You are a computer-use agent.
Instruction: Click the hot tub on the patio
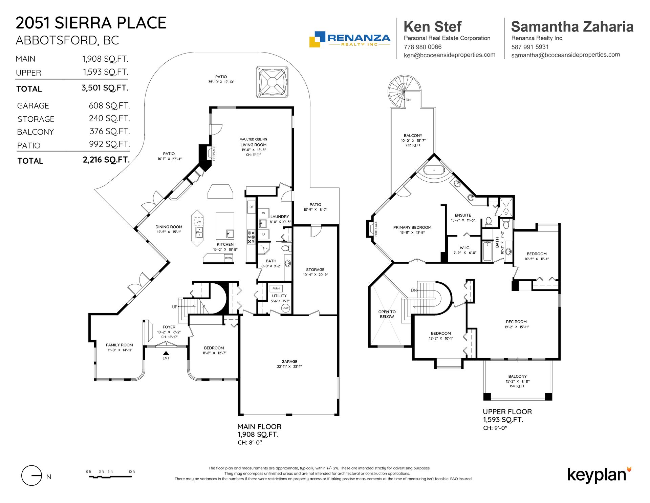pos(272,82)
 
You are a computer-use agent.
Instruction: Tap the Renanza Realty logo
pos(350,39)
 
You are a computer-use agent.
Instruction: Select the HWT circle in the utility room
pos(285,308)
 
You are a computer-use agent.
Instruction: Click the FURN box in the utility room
pos(276,288)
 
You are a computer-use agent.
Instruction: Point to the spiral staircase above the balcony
pos(404,91)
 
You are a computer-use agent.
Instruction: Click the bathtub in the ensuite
pos(434,170)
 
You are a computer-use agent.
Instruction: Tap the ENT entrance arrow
pos(166,353)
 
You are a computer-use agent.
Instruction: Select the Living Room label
pos(254,145)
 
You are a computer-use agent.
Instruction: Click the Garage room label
pos(289,362)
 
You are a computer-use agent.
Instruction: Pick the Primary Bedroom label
pos(412,227)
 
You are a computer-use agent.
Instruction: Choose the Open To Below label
pos(387,314)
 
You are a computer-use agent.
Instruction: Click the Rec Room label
pos(516,322)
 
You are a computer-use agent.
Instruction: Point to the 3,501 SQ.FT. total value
pos(105,88)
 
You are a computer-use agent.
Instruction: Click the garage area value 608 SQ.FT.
pos(109,106)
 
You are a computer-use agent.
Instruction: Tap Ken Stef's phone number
pos(422,47)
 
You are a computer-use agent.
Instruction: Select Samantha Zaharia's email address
pos(565,55)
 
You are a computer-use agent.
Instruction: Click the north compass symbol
pos(32,476)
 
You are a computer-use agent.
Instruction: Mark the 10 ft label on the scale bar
pos(132,471)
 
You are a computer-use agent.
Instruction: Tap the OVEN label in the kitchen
pos(229,258)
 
